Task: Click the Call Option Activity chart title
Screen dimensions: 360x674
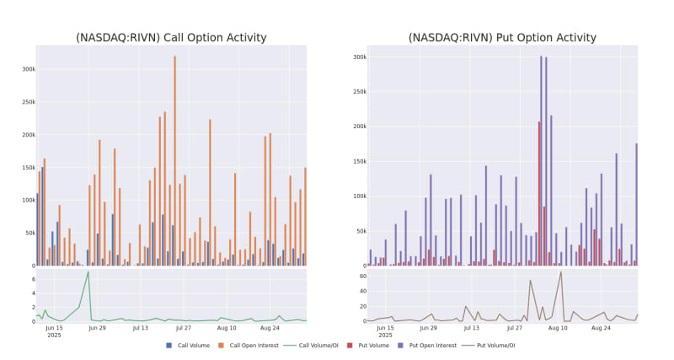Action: [172, 38]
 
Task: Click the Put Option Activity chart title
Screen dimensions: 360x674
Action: [502, 38]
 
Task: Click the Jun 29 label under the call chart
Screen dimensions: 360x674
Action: [97, 327]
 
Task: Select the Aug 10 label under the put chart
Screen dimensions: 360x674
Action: [558, 327]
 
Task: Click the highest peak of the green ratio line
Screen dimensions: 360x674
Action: [88, 271]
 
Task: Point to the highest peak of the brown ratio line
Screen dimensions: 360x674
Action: [561, 271]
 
